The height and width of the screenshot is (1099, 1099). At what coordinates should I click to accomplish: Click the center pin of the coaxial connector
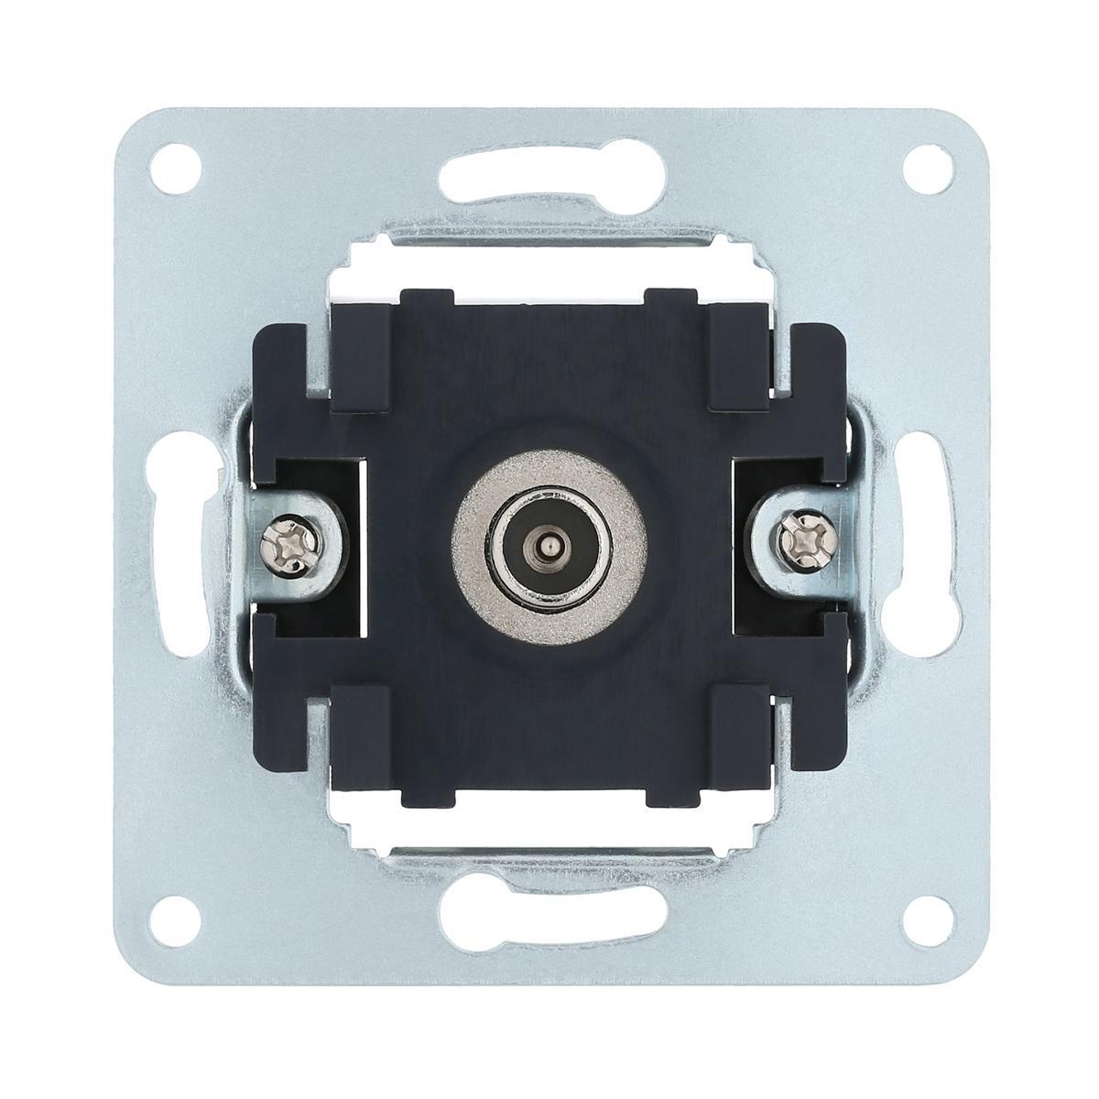pyautogui.click(x=549, y=548)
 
